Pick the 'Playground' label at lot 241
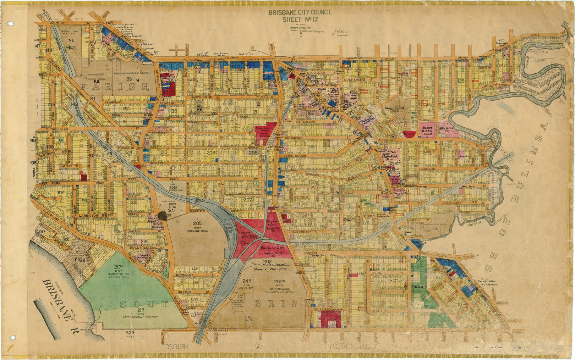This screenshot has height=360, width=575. [x=394, y=108]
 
